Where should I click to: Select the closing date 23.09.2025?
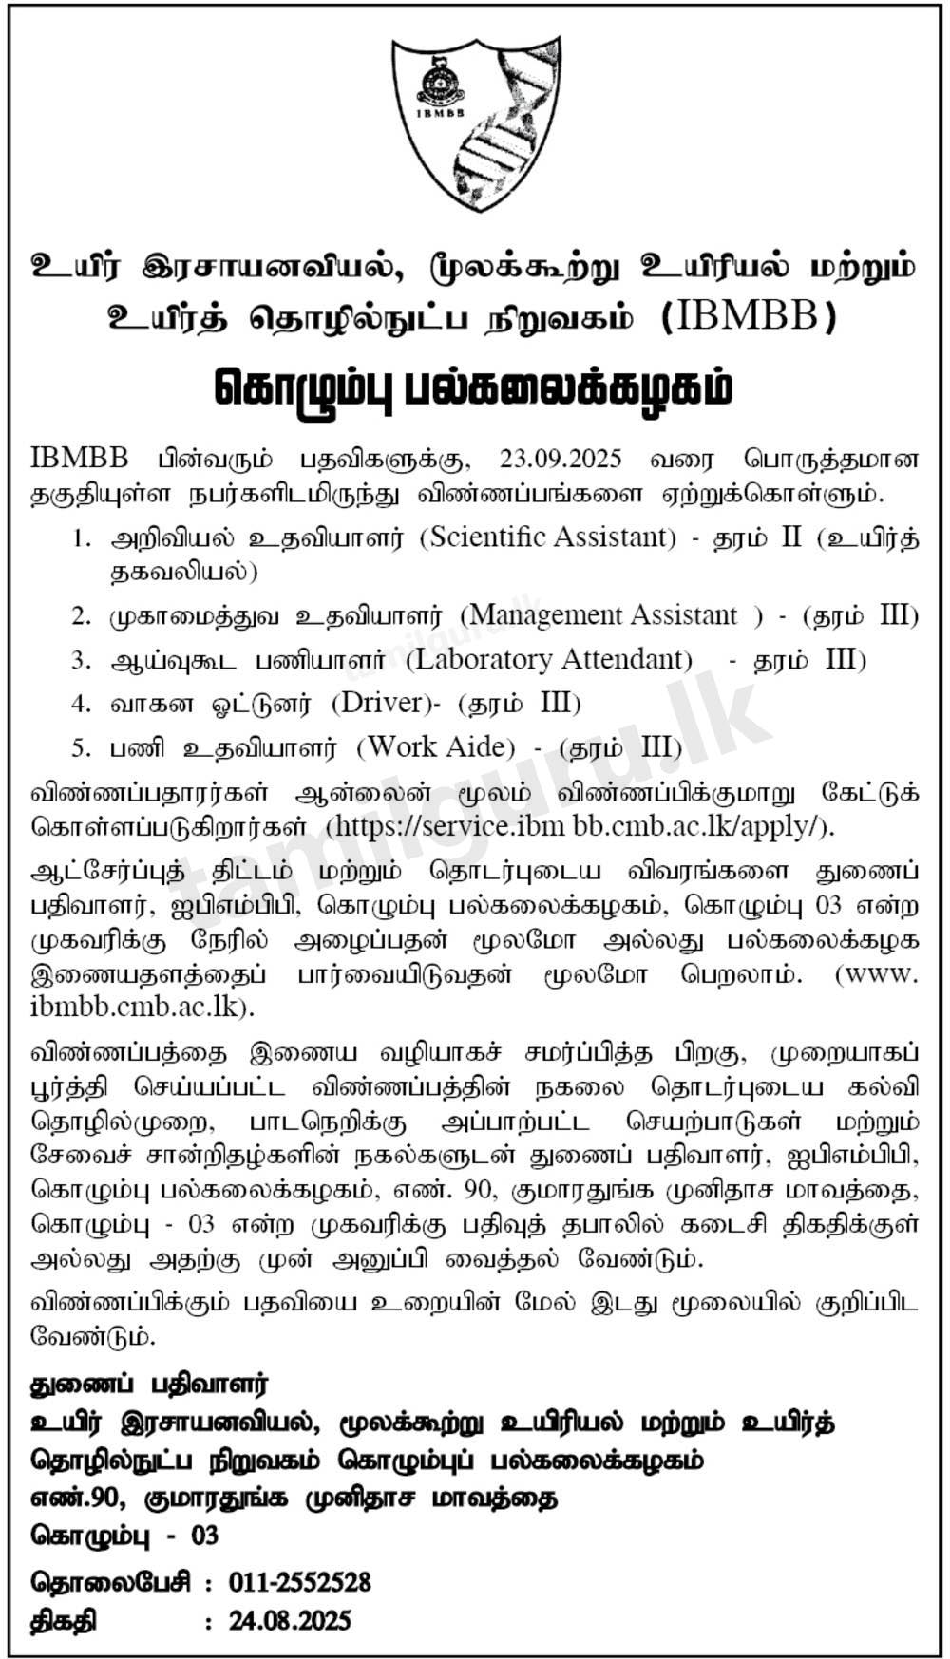point(560,459)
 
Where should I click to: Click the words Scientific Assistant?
point(548,537)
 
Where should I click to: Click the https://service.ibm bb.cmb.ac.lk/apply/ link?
point(579,825)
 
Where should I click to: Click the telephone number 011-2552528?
point(299,1582)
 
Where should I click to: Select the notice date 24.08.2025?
point(290,1620)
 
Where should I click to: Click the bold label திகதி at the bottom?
point(64,1620)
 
